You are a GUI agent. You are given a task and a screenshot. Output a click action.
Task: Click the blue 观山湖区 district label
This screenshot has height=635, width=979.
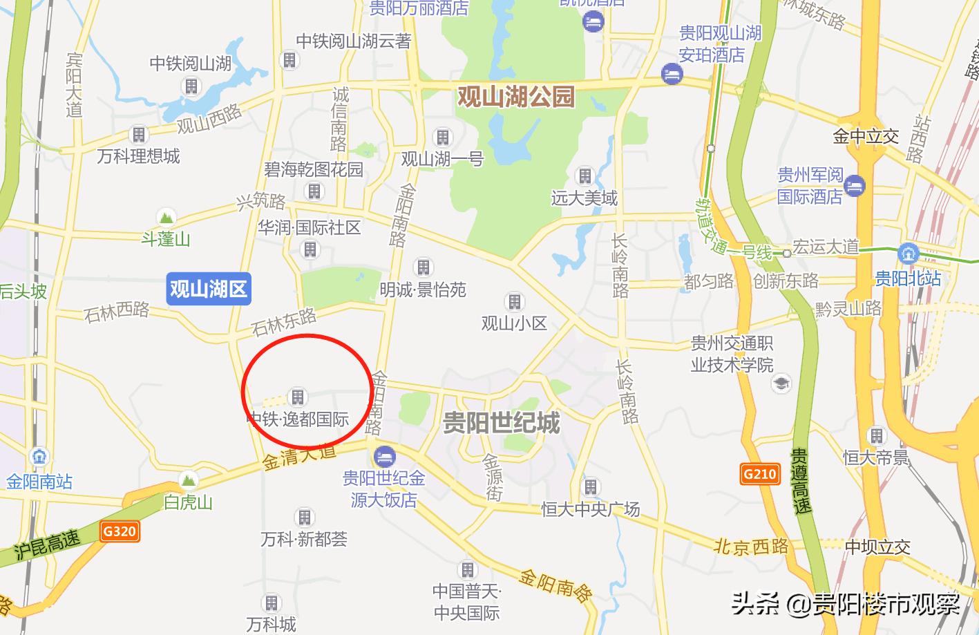click(x=208, y=289)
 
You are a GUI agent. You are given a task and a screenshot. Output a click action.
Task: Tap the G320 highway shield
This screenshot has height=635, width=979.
click(x=120, y=531)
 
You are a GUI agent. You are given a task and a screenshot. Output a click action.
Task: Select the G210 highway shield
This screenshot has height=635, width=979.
click(x=760, y=474)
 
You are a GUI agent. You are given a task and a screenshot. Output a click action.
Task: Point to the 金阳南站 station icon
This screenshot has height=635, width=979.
click(x=39, y=457)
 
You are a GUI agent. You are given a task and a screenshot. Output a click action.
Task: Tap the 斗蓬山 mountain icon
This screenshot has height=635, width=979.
click(x=166, y=217)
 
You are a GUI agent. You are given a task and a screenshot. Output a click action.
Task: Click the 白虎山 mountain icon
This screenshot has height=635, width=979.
click(x=188, y=480)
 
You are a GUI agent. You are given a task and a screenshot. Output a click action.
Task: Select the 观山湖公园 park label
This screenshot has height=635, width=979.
click(x=516, y=96)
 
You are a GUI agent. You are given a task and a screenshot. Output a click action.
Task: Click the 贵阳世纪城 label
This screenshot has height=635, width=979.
click(x=501, y=422)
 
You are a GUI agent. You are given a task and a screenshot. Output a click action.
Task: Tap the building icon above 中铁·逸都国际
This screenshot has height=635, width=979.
click(x=298, y=397)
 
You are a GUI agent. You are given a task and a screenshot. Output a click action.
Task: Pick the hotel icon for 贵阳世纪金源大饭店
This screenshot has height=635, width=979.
click(x=384, y=456)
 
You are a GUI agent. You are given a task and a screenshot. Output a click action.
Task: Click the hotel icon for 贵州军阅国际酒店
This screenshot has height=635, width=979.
click(x=855, y=185)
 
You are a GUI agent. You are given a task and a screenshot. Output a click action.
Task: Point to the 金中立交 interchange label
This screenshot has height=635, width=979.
click(x=866, y=136)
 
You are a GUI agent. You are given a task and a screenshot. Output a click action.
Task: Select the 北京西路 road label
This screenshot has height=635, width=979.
click(x=751, y=547)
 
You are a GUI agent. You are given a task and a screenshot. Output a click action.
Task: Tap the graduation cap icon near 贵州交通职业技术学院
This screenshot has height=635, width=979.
click(x=781, y=383)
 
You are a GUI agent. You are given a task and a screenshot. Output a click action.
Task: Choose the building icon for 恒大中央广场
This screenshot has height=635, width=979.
click(x=590, y=486)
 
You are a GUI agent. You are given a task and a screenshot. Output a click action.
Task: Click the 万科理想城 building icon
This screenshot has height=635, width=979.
click(x=139, y=134)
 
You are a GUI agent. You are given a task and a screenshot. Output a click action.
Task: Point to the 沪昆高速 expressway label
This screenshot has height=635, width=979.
click(x=46, y=545)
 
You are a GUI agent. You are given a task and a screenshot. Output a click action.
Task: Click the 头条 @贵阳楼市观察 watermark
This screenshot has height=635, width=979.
click(x=846, y=604)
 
